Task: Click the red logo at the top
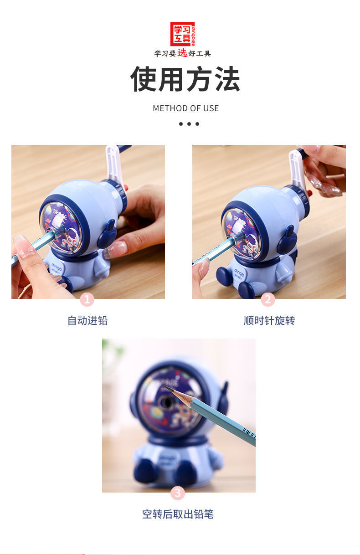point(182,34)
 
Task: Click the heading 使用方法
point(185,79)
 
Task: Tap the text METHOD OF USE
point(185,108)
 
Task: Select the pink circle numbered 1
point(87,299)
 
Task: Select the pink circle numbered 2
point(267,299)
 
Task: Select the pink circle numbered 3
point(178,493)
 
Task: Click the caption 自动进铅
point(87,320)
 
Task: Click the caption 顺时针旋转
point(269,320)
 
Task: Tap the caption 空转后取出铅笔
point(178,514)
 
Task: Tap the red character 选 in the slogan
point(182,53)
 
